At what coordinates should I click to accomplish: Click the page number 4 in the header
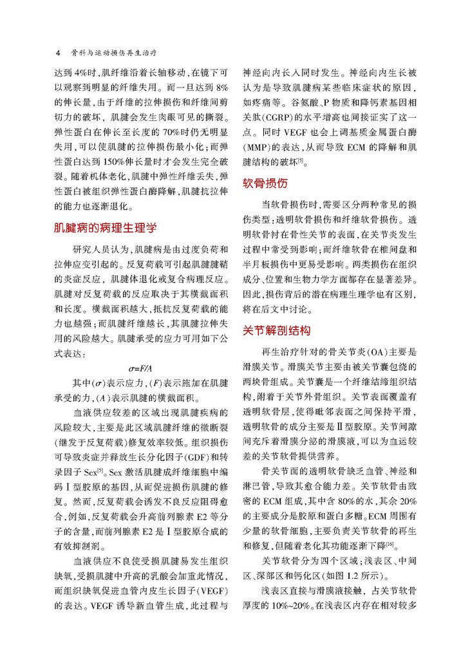pos(59,52)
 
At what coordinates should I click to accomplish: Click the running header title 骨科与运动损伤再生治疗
pos(105,52)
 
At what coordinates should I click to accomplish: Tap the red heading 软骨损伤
pos(264,183)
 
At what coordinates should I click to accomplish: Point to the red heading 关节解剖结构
pos(276,331)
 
